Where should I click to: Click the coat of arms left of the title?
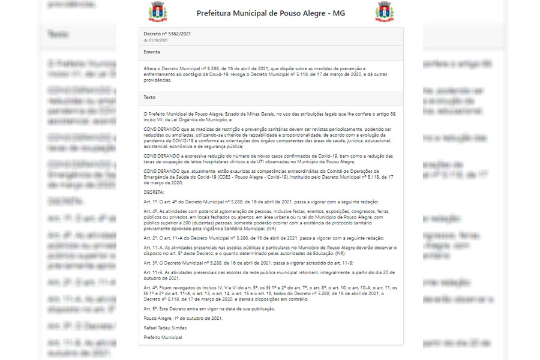158,12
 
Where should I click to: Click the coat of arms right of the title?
384,12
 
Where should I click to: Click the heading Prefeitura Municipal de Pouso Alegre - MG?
271,13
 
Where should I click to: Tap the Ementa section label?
152,52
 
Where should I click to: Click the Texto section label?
149,97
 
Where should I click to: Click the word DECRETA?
154,192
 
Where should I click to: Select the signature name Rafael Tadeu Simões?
165,328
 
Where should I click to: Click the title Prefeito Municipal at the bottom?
163,338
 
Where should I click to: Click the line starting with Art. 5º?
209,308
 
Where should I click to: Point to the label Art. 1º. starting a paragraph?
150,202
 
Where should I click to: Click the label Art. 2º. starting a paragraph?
150,238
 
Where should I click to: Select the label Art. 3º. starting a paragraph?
150,263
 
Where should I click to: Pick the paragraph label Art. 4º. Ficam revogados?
150,288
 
